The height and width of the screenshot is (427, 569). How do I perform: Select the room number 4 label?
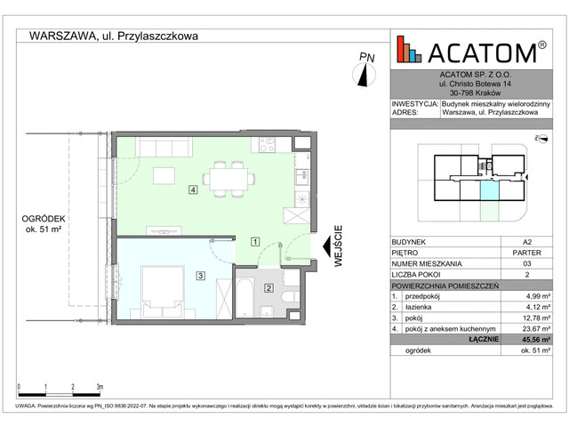coord(192,189)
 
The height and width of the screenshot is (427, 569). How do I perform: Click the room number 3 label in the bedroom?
coord(201,277)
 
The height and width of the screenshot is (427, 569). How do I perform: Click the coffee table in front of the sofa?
coord(164,173)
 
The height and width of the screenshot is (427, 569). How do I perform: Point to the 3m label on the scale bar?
coord(99,388)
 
